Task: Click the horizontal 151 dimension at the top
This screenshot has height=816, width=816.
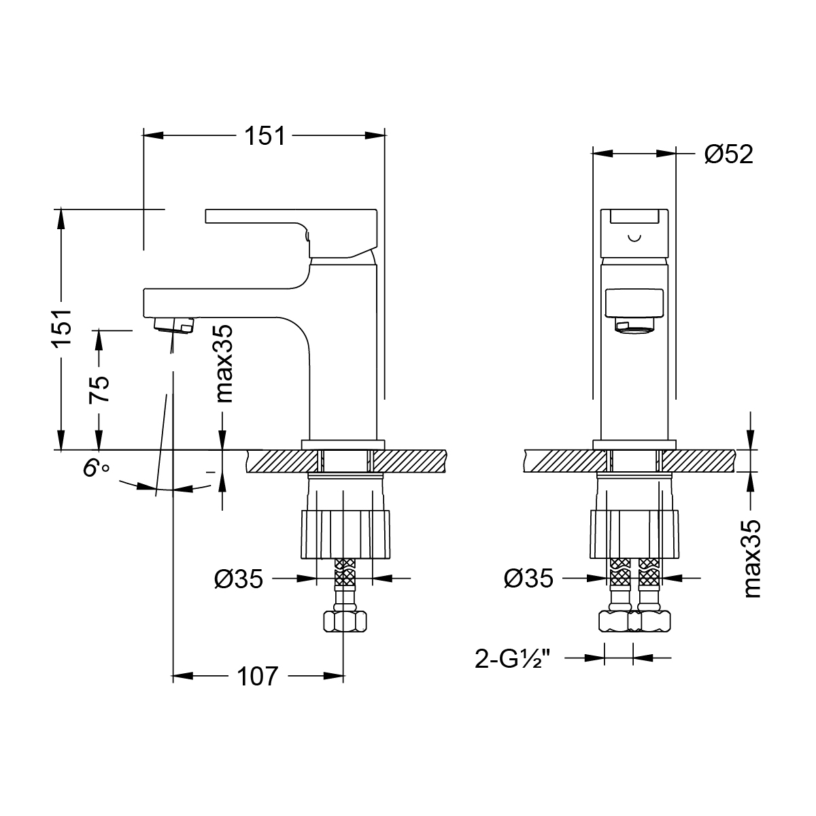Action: (264, 135)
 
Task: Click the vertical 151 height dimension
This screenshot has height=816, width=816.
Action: (62, 328)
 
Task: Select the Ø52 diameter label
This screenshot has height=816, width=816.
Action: (728, 154)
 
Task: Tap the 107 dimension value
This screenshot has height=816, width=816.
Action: (258, 676)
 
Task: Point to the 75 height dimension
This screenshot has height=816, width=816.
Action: (100, 389)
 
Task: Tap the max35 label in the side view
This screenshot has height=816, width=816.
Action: (224, 363)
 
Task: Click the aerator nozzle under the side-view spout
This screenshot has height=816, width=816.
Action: (174, 324)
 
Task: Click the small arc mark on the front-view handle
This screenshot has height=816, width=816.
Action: (634, 238)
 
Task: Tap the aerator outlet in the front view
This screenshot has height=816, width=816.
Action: (634, 326)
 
